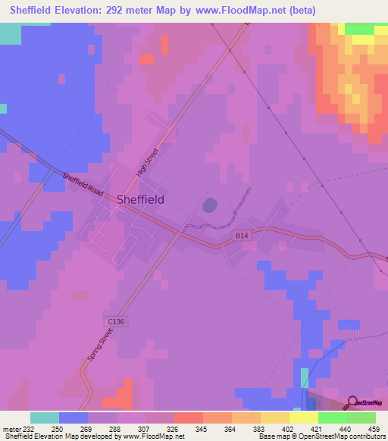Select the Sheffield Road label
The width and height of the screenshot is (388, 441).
point(83,182)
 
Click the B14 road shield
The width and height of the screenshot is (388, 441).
point(242,236)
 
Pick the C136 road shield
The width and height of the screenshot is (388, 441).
point(115,321)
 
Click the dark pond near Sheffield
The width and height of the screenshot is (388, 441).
point(210,205)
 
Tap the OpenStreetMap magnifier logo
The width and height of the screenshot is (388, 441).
point(353,404)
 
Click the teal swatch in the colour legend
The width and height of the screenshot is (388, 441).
point(45,418)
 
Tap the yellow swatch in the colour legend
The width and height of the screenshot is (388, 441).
point(303,418)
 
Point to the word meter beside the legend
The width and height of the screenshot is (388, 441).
point(12,430)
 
